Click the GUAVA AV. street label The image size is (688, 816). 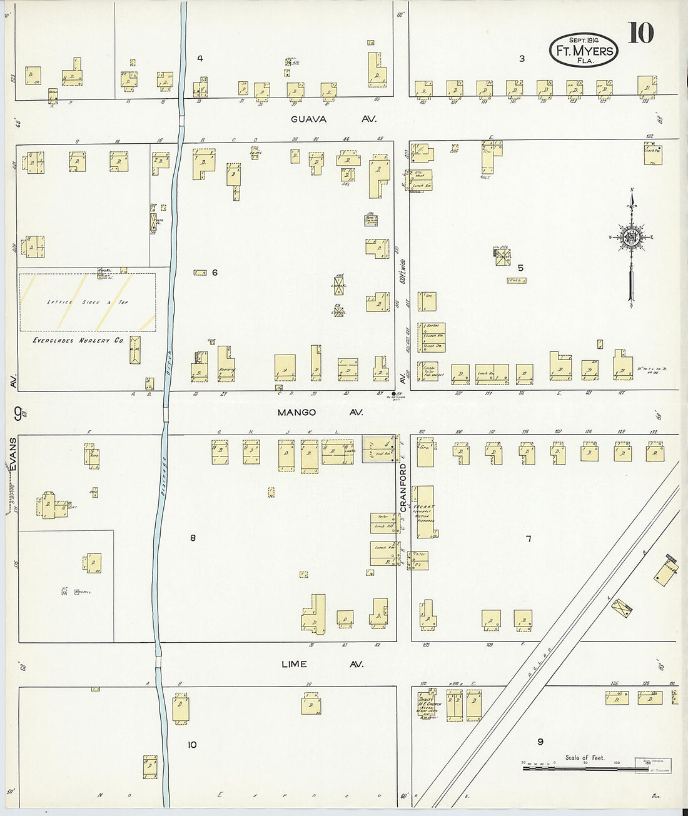coord(326,119)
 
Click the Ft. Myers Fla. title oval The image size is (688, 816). coord(584,50)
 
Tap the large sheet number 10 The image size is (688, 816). coord(640,33)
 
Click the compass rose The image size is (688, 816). coord(631,238)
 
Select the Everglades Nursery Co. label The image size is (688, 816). coord(78,341)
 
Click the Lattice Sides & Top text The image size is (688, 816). coord(88,302)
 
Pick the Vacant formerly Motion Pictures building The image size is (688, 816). coord(425,512)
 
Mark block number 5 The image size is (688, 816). coord(520,268)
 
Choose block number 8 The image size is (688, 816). coord(193,538)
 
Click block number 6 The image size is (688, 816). coord(214,272)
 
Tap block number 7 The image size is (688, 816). coord(528,538)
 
